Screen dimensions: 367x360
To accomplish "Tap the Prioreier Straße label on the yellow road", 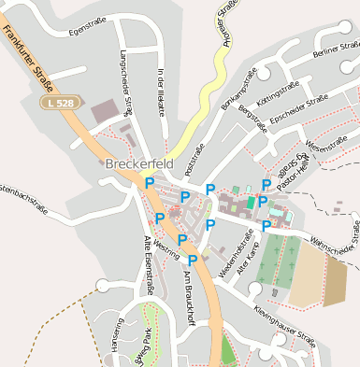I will (x=228, y=23).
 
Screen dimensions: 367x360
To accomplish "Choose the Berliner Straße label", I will (x=338, y=49).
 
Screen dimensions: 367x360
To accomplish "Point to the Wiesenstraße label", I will (x=326, y=143).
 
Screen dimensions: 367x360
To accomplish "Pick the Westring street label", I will (x=166, y=248).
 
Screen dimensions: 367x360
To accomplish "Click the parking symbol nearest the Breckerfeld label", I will (x=149, y=184).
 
